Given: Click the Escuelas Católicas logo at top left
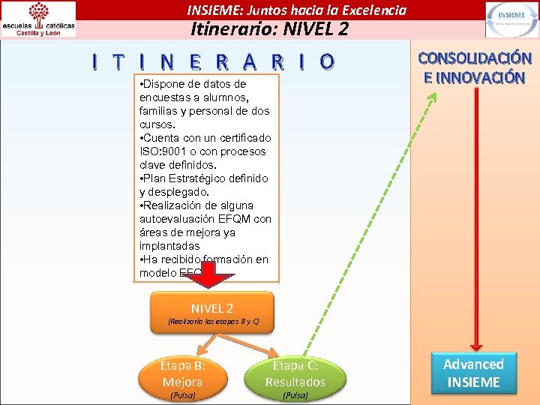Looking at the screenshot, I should coord(39,19).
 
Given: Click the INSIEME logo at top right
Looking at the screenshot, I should coord(511,19).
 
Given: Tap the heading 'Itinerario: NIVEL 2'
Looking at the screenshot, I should coord(269,29).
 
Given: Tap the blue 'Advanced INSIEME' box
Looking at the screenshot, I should coord(473,373).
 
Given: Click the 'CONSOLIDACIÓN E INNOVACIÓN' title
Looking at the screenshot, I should coord(474,67).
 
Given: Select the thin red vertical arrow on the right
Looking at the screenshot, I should coord(473,225).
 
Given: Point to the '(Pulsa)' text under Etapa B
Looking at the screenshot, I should coord(183,395).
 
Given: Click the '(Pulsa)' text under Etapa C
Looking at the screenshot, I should coord(295,395).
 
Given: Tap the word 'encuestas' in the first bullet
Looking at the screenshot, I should coord(163,97).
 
